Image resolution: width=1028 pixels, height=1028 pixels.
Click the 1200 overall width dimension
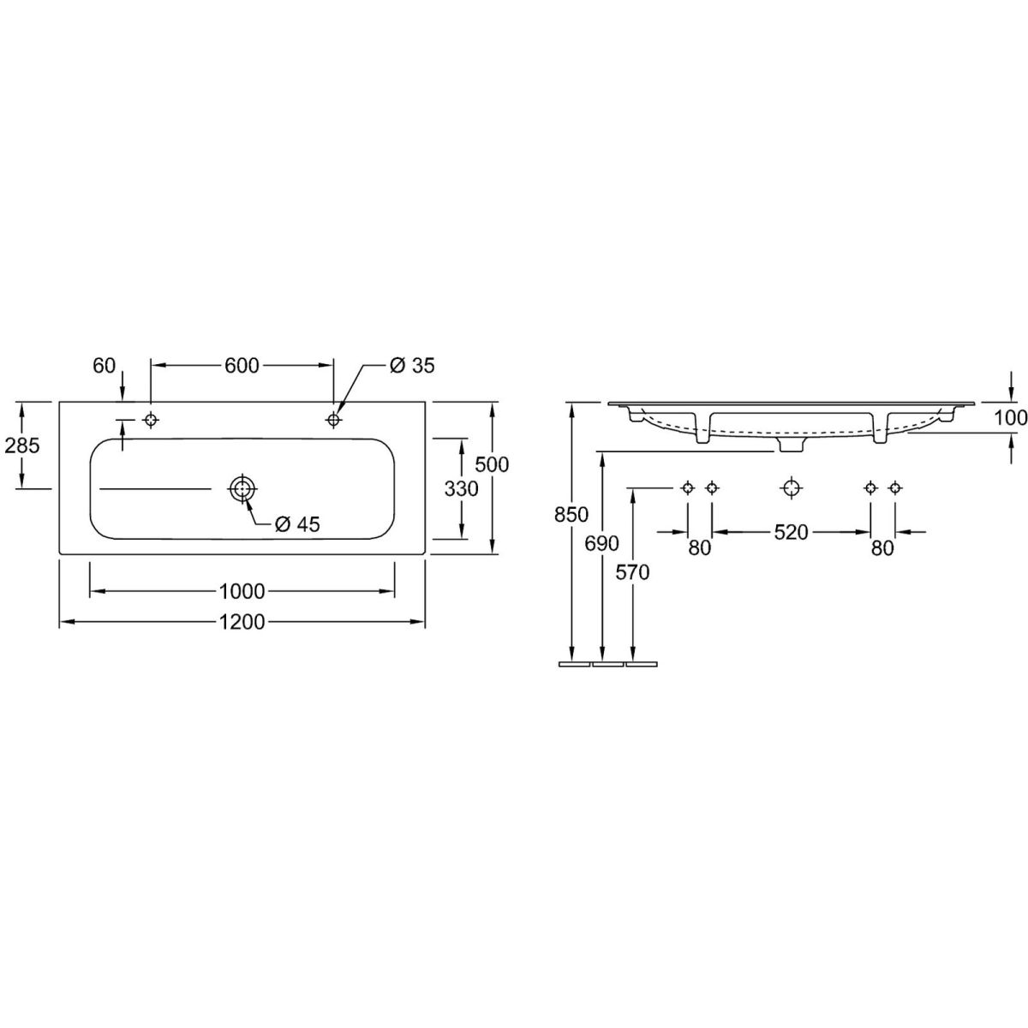242,622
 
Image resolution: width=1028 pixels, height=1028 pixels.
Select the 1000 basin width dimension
242,591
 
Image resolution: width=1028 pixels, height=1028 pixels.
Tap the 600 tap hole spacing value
242,366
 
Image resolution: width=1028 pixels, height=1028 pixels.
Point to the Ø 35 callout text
412,366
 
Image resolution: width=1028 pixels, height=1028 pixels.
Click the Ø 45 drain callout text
297,525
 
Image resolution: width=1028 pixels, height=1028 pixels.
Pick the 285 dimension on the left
22,445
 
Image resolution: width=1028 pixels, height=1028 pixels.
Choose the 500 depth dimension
492,464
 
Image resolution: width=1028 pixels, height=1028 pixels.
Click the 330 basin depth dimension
462,488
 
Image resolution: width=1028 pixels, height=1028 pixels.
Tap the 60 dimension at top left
104,366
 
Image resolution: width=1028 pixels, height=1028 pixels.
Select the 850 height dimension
571,515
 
